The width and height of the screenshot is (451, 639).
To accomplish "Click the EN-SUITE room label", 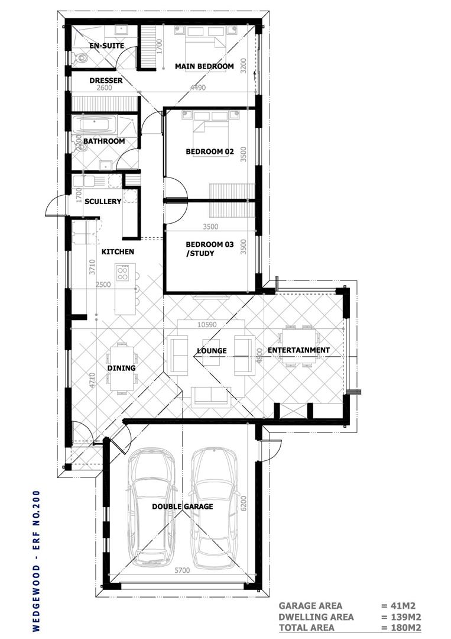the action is point(106,46).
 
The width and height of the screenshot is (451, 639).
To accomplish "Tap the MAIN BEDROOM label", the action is point(205,66).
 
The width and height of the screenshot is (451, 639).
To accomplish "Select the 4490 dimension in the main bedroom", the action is point(198,88).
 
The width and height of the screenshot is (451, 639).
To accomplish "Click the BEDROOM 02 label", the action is point(210,151).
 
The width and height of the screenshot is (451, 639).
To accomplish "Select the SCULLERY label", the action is point(103,201).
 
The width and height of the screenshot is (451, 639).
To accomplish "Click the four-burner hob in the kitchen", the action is point(122,272).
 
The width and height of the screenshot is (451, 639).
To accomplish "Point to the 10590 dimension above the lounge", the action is point(207,325).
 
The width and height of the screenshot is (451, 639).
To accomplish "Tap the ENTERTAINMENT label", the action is point(298,350).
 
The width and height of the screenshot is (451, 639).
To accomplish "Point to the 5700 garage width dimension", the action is point(182,570).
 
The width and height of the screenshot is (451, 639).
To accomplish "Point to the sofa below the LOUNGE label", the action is point(210,396).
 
